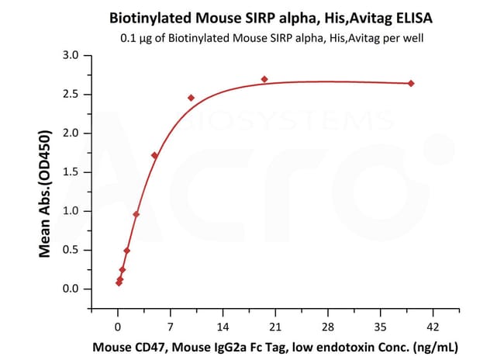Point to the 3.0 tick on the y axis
pyautogui.click(x=72, y=56)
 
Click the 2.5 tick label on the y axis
pyautogui.click(x=72, y=95)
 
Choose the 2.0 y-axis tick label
pyautogui.click(x=72, y=133)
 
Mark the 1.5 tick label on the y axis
pyautogui.click(x=72, y=172)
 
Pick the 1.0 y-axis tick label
pyautogui.click(x=72, y=211)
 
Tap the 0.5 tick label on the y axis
pyautogui.click(x=72, y=250)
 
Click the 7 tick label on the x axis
pyautogui.click(x=171, y=326)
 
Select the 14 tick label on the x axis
pyautogui.click(x=223, y=326)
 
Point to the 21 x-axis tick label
pyautogui.click(x=275, y=326)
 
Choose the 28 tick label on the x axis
pyautogui.click(x=328, y=326)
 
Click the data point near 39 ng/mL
pyautogui.click(x=411, y=83)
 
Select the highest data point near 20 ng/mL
pyautogui.click(x=264, y=79)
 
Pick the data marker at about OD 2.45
pyautogui.click(x=191, y=98)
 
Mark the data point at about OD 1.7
pyautogui.click(x=154, y=155)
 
